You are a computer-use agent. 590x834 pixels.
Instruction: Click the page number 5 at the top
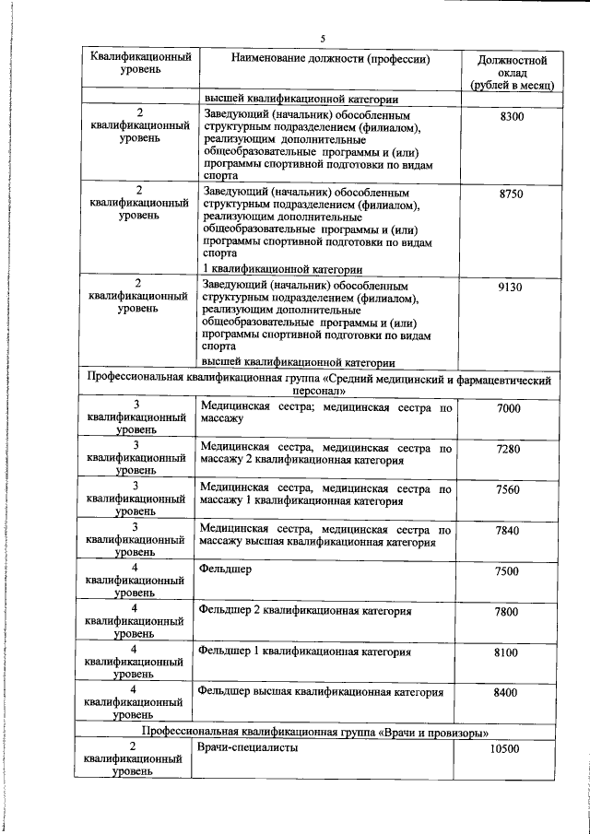click(323, 38)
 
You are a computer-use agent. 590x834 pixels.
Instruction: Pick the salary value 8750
click(510, 195)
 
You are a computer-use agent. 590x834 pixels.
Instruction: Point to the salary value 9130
click(510, 288)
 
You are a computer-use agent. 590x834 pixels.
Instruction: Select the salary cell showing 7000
click(508, 409)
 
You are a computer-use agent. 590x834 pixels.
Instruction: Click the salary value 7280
click(508, 449)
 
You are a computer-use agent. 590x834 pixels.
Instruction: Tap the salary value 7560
click(508, 489)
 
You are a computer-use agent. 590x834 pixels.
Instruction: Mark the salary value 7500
click(508, 571)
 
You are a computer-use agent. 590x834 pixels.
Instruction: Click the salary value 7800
click(508, 612)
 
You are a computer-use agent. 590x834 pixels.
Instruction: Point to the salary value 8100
click(508, 652)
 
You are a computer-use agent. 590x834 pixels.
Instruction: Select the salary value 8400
click(508, 692)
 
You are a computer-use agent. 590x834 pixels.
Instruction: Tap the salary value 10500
click(506, 748)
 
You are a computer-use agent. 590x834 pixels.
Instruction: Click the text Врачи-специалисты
click(248, 747)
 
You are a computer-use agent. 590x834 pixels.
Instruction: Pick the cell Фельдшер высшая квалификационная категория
click(320, 691)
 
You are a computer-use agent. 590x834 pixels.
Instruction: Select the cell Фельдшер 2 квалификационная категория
click(304, 611)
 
